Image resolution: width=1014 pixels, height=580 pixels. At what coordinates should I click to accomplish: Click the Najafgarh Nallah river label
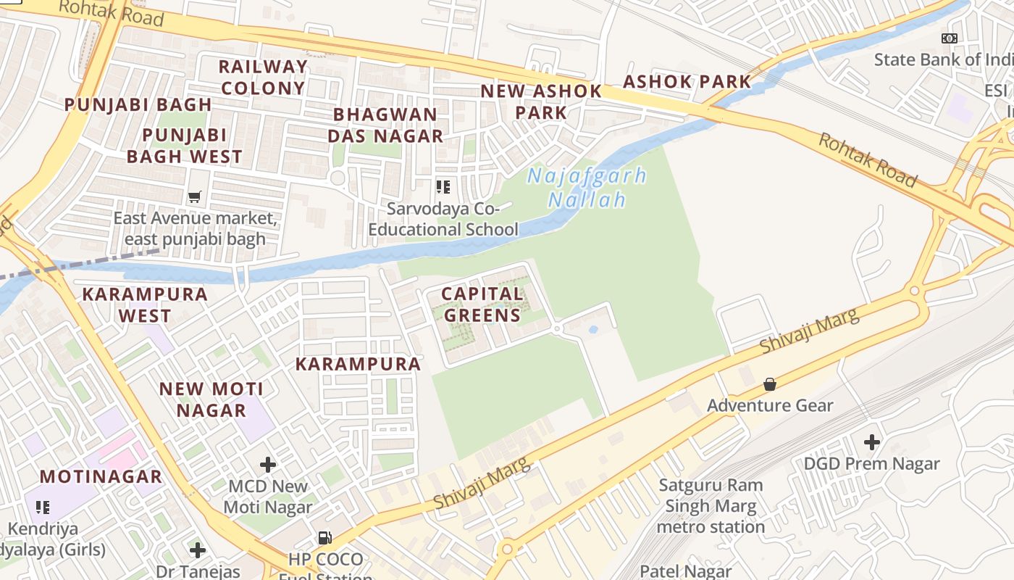tap(587, 187)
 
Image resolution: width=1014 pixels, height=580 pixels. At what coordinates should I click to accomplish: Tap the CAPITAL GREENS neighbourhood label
tap(482, 304)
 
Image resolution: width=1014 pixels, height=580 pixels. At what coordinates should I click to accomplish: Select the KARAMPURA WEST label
tap(145, 305)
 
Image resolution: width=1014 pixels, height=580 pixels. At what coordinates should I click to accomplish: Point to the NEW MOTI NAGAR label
tap(211, 399)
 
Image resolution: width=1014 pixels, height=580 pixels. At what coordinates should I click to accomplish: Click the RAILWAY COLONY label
tap(263, 78)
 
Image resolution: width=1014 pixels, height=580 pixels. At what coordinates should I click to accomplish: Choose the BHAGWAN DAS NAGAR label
tap(385, 125)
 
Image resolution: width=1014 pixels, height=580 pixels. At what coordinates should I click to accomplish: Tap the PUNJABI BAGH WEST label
tap(185, 146)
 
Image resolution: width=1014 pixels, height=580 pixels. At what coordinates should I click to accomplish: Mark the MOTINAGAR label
tap(101, 476)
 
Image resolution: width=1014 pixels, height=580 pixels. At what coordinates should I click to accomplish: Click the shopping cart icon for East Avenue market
tap(194, 196)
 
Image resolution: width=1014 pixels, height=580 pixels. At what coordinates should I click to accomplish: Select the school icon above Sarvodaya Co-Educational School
tap(443, 187)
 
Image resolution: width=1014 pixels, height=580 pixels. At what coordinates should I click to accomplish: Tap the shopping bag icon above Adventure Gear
tap(770, 384)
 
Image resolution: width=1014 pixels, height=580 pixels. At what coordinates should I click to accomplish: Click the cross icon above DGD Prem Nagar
tap(872, 442)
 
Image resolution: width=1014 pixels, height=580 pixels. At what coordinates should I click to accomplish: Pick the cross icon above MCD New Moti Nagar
tap(268, 464)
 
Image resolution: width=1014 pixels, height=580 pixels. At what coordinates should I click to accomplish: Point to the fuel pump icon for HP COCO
tap(325, 538)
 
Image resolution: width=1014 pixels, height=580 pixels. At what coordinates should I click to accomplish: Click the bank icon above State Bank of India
tap(949, 38)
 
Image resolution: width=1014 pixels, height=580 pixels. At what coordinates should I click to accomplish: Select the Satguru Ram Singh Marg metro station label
tap(711, 505)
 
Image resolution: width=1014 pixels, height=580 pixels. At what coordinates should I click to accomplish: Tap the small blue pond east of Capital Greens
tap(593, 330)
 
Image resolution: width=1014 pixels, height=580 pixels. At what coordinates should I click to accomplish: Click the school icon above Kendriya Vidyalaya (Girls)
tap(43, 507)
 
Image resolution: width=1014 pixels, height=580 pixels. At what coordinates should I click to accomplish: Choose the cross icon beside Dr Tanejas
tap(197, 550)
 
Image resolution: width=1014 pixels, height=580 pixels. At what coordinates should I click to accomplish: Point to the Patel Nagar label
tap(687, 571)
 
